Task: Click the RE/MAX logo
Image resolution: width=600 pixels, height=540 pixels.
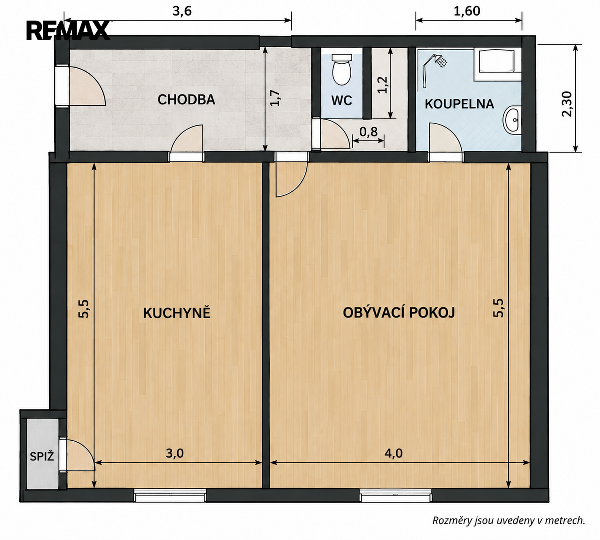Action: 68,30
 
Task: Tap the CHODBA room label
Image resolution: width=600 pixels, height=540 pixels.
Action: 186,100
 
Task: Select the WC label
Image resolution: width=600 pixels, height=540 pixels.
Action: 341,100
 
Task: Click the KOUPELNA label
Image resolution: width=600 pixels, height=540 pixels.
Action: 459,104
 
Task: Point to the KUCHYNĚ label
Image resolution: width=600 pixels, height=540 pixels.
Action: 177,313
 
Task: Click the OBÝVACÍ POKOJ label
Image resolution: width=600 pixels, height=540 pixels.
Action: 399,313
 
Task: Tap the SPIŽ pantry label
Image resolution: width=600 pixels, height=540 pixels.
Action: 42,456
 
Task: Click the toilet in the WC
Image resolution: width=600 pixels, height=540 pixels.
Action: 342,70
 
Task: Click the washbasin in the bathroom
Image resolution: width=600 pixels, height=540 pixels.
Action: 512,120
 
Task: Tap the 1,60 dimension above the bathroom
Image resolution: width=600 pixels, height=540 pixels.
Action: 467,11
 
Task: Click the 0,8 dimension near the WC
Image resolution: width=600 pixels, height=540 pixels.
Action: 368,132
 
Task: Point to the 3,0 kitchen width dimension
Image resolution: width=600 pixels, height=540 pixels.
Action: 175,453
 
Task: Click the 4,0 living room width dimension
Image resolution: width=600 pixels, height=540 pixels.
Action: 394,453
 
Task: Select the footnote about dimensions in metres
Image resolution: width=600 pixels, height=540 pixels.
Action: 509,520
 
